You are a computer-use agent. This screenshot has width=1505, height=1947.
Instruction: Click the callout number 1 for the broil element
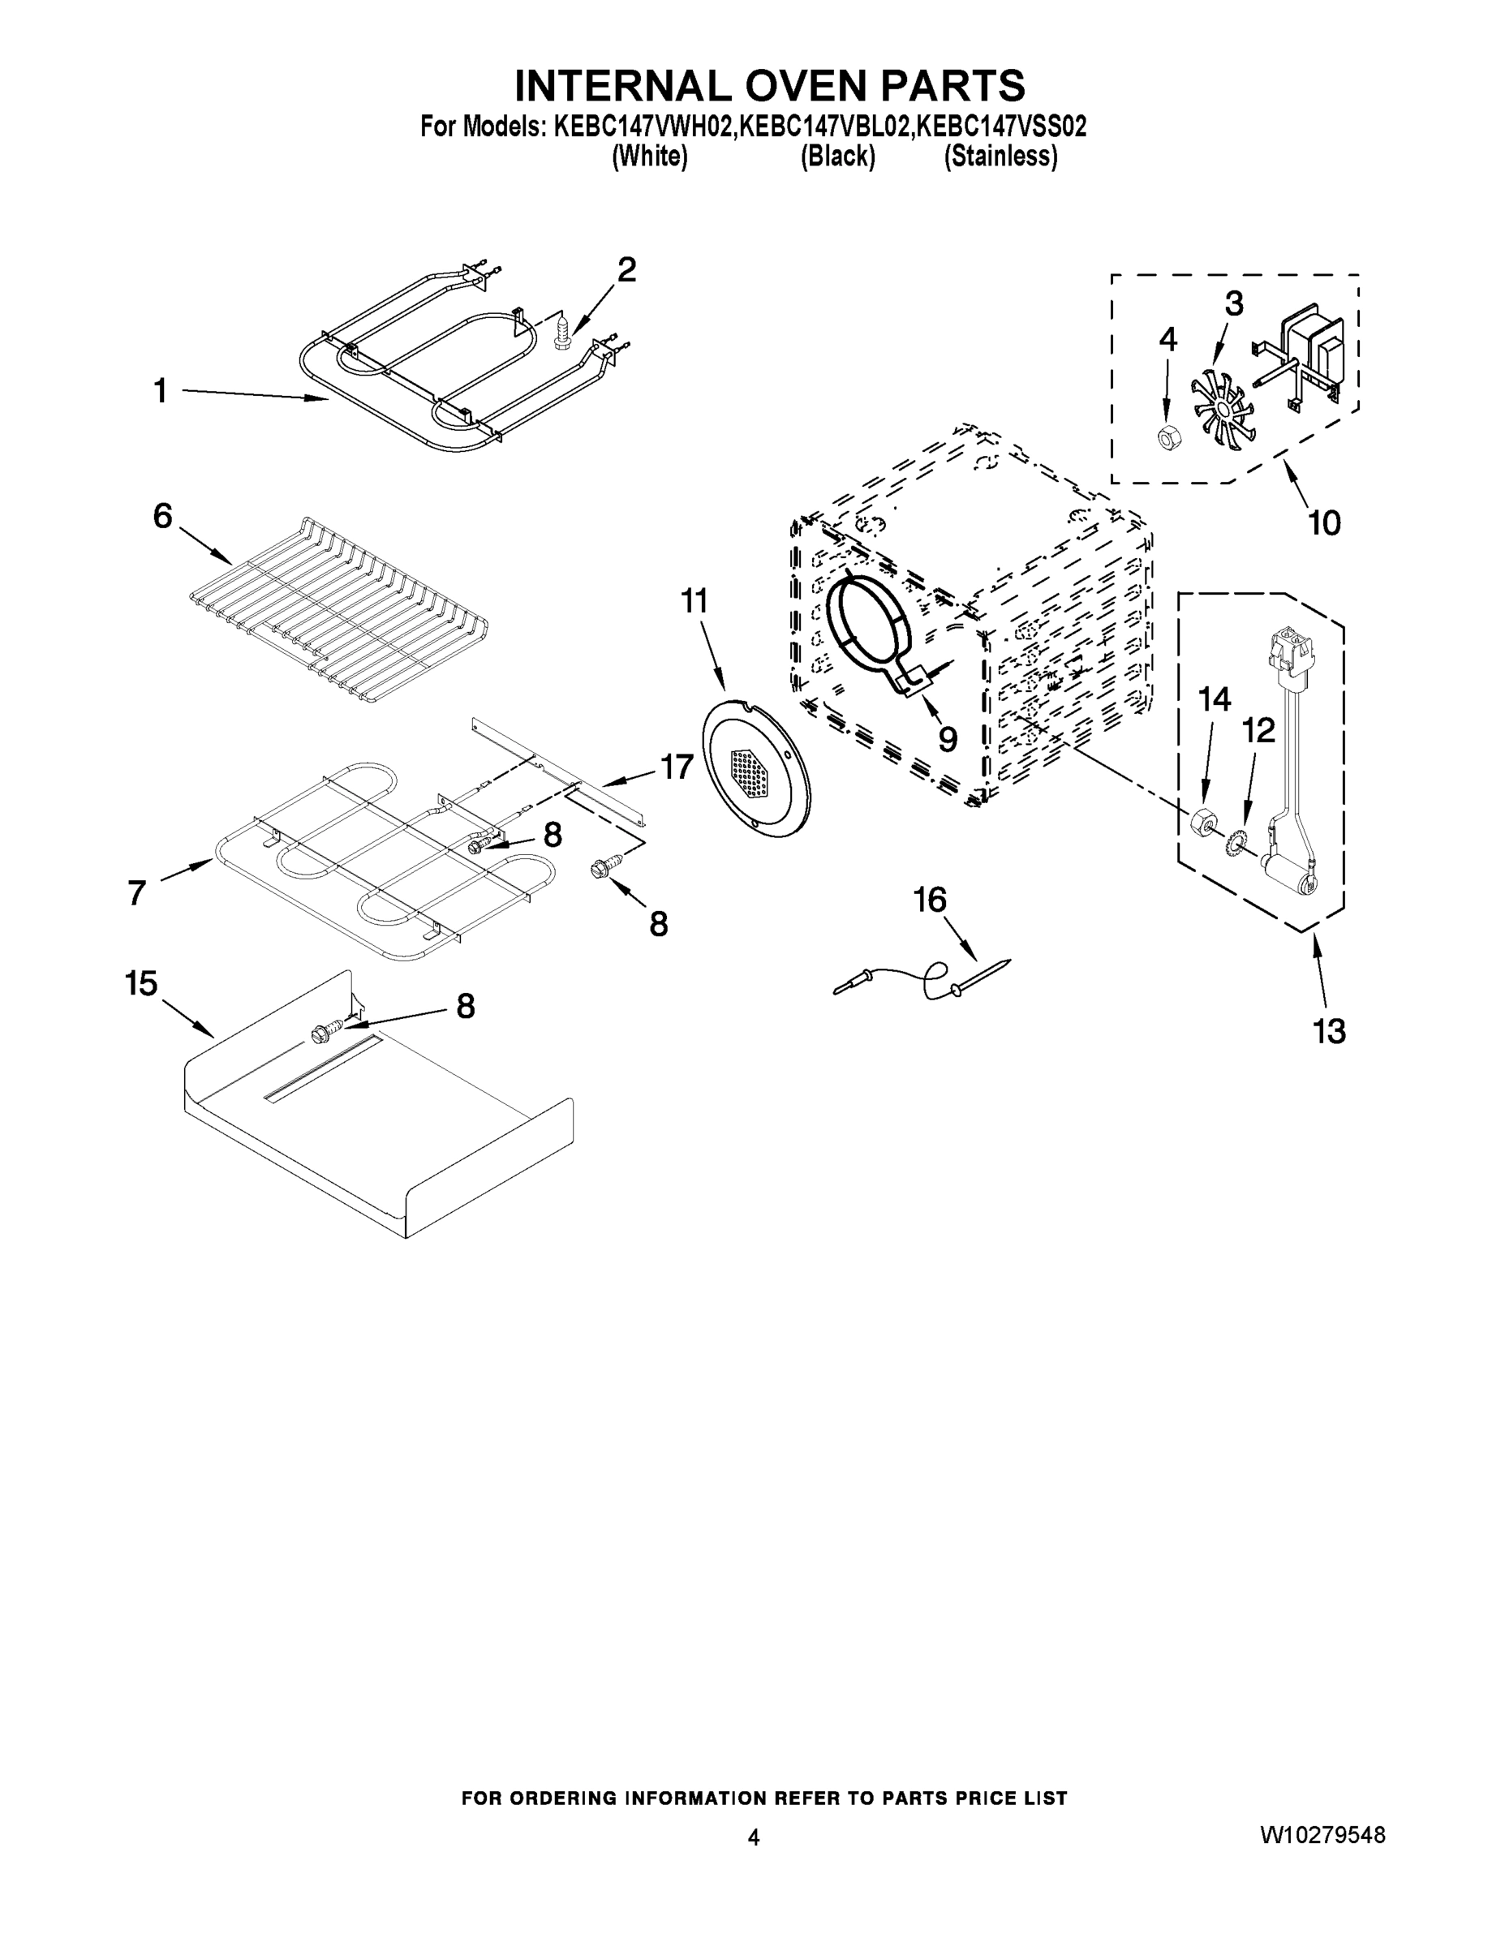[161, 390]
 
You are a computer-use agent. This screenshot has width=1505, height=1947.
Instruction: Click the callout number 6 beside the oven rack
[162, 515]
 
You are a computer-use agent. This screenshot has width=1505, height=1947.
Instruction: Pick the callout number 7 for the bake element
[136, 892]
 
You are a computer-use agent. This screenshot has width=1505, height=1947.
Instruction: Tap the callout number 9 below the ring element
[947, 738]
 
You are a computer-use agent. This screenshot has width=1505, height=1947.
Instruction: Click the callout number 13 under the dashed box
[1327, 1030]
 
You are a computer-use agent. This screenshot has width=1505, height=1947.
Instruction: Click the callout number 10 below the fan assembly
[1324, 522]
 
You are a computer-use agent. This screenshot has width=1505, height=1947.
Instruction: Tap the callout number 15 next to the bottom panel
[141, 983]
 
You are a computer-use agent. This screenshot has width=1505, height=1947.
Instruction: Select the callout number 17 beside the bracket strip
[676, 766]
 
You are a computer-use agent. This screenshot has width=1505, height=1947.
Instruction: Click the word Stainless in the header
[1000, 157]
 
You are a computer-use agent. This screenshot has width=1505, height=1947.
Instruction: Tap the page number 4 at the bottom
[754, 1837]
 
